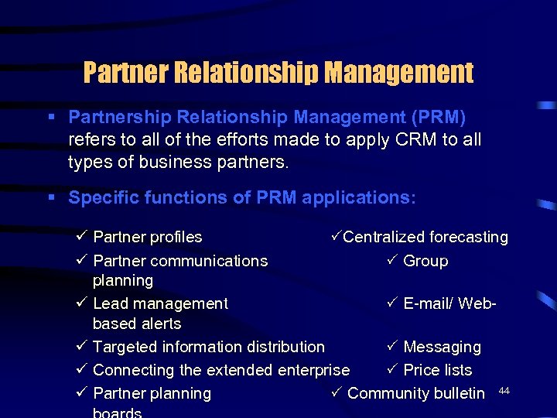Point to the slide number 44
[x=504, y=391]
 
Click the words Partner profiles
[x=147, y=237]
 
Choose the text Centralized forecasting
[x=425, y=237]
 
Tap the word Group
[x=425, y=261]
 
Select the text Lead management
[x=160, y=303]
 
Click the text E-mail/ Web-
[x=449, y=303]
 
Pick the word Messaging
[x=442, y=347]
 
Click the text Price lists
[x=437, y=370]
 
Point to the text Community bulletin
[x=416, y=393]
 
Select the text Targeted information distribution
[x=209, y=347]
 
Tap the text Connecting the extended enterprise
[x=221, y=370]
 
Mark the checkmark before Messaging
[x=391, y=347]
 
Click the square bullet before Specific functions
[x=51, y=198]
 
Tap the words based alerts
[x=137, y=324]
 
